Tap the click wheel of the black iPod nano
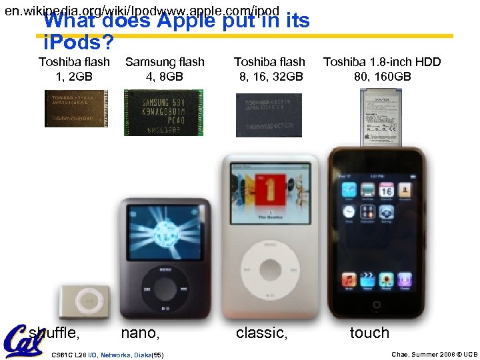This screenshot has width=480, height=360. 164,288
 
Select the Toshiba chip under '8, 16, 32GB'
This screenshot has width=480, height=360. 269,115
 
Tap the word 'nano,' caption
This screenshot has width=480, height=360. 140,333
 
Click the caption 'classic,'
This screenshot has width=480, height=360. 262,333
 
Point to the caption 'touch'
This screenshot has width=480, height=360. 369,333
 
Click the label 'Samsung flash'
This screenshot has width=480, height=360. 165,62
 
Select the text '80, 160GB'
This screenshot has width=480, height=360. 383,76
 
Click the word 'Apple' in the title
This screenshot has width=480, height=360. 186,21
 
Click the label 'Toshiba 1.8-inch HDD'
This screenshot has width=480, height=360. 382,62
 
